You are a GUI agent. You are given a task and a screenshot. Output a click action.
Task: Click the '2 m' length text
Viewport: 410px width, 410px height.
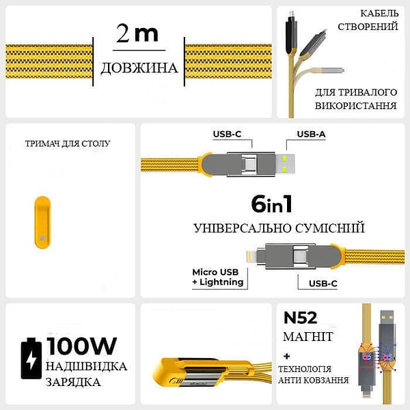click(137, 33)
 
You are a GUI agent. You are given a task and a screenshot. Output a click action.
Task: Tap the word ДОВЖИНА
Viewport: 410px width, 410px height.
click(139, 68)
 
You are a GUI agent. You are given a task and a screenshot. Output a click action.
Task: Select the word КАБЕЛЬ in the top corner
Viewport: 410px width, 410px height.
click(379, 14)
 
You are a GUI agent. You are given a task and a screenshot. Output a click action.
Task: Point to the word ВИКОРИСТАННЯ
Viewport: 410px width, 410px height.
click(355, 106)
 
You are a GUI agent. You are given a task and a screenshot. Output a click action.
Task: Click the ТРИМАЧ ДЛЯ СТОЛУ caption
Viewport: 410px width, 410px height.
click(68, 143)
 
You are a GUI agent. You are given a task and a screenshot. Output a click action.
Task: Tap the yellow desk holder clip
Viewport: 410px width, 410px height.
click(42, 222)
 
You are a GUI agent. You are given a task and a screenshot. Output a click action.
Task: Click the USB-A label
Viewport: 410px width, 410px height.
click(311, 134)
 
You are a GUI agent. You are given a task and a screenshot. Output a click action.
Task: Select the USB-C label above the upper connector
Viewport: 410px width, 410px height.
click(227, 134)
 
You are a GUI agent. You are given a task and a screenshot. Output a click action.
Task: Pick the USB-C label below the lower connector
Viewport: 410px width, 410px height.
click(323, 284)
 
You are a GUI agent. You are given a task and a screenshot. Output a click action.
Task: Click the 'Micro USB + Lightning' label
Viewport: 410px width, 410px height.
click(218, 277)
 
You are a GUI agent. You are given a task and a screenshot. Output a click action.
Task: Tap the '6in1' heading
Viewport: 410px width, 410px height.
click(271, 204)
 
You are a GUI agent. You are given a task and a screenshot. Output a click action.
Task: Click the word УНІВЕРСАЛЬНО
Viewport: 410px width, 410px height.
click(242, 228)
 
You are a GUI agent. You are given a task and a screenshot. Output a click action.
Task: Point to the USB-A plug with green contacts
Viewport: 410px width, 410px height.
click(285, 164)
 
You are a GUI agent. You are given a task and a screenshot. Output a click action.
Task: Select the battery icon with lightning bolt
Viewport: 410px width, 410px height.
click(31, 358)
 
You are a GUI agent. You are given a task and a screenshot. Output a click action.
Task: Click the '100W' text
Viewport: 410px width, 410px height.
click(81, 346)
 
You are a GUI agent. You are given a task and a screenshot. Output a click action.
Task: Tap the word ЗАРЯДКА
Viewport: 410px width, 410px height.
click(73, 382)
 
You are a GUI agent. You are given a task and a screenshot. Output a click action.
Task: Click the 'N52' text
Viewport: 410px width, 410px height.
click(301, 318)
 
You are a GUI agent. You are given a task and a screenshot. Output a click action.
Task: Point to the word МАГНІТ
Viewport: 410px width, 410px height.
click(308, 336)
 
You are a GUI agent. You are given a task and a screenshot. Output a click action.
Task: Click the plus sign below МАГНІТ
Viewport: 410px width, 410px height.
click(287, 356)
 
